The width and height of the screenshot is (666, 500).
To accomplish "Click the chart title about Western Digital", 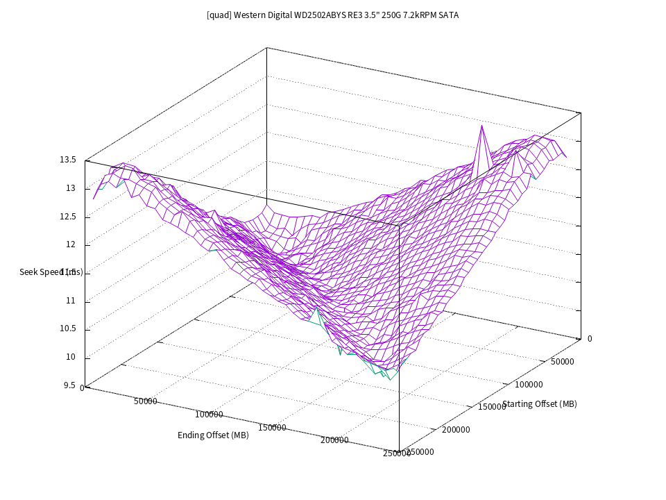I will point(332,15).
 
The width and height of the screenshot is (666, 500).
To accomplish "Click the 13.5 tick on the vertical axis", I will point(67,160).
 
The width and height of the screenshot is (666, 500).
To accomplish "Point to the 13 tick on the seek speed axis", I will point(71,188).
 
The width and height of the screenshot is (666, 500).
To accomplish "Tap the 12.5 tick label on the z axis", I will point(67,217).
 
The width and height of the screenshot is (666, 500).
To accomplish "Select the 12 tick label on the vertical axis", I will point(71,244).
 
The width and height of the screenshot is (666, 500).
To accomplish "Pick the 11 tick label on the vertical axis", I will point(71,301).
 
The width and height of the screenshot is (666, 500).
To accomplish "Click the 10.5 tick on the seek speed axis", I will point(67,329).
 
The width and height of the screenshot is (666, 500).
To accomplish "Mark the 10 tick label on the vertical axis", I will point(71,358).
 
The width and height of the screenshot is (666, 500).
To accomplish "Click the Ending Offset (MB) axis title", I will point(213,435).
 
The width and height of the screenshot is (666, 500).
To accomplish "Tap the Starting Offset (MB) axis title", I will point(540,404).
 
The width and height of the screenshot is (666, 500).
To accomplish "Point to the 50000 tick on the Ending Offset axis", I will point(145,401).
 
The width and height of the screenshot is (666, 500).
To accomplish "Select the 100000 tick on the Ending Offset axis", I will point(209,415).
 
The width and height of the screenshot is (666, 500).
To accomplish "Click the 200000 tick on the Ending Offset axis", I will point(335,440).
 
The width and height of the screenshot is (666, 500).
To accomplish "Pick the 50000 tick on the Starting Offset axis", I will point(562,362).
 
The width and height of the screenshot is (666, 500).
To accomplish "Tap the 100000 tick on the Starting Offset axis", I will point(529,384).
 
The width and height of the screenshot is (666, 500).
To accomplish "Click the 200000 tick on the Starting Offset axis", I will point(456,430).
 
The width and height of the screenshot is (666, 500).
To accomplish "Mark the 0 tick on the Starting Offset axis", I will point(590,339).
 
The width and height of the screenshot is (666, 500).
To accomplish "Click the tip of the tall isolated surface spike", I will point(480,126).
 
